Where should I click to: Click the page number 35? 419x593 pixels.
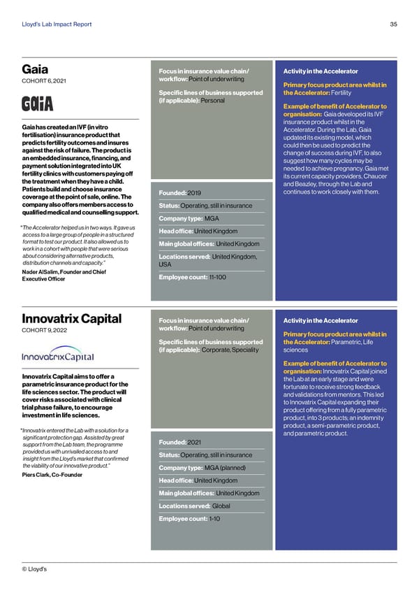pyautogui.click(x=393, y=24)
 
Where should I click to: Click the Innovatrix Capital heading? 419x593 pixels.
pyautogui.click(x=72, y=320)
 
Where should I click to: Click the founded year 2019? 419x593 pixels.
pyautogui.click(x=195, y=192)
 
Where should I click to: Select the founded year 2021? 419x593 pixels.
pyautogui.click(x=195, y=441)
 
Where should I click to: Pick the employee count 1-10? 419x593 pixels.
pyautogui.click(x=216, y=519)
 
